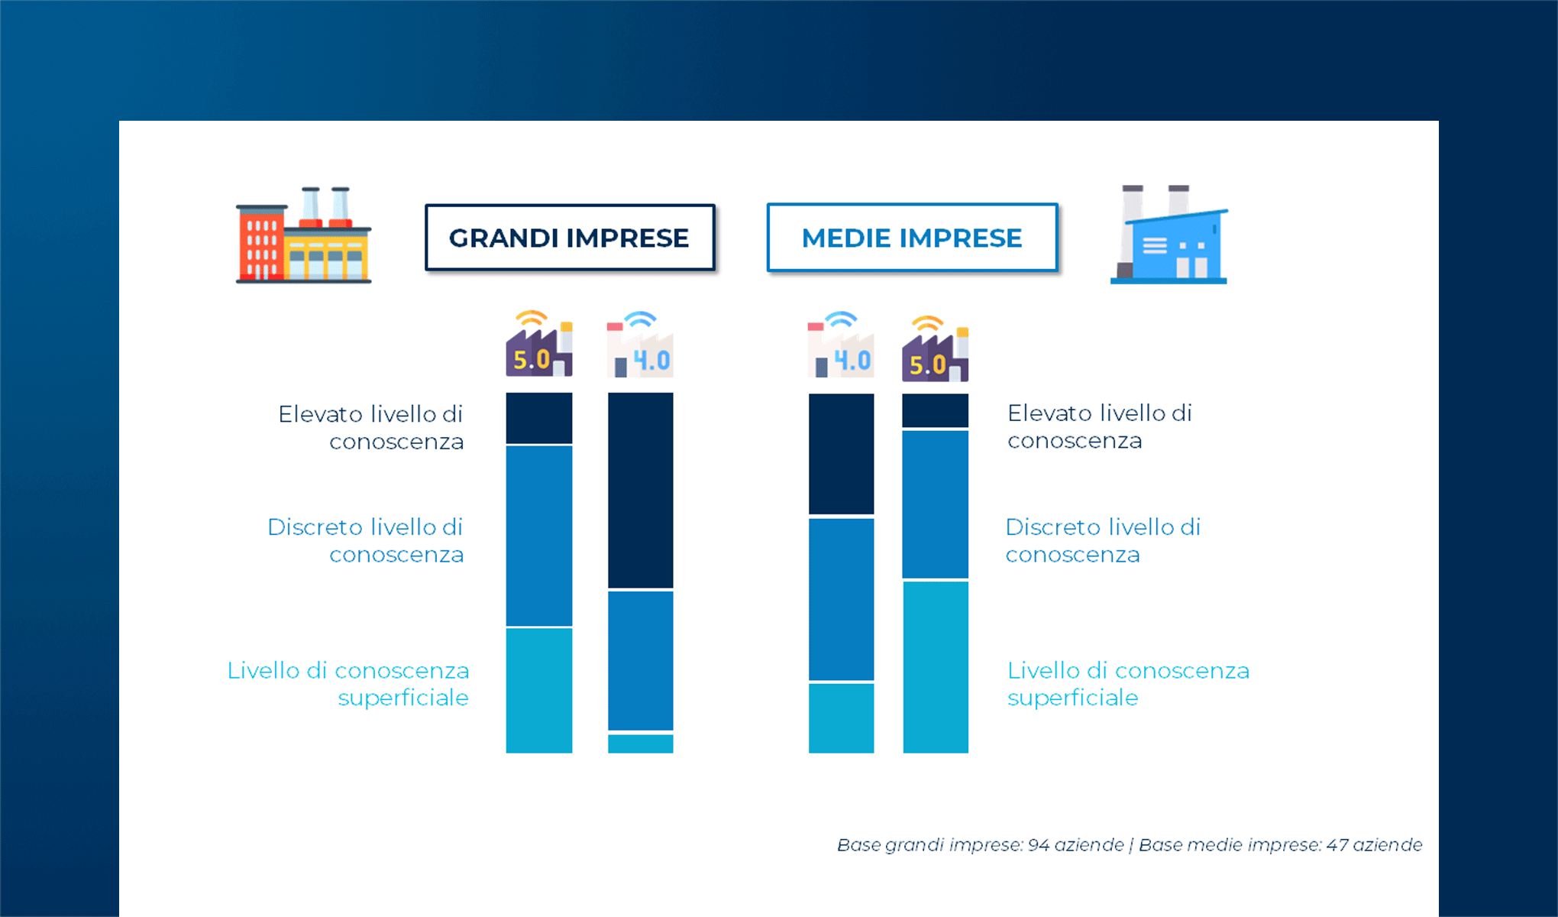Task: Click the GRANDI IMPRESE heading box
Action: pos(570,238)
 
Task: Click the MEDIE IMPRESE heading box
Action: pos(912,238)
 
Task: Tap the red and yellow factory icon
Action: pos(303,235)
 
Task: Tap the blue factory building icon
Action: pos(1168,235)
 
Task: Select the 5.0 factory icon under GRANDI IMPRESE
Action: pos(539,345)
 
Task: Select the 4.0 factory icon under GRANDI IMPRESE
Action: pos(640,345)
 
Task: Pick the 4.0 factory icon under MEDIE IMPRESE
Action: pos(841,345)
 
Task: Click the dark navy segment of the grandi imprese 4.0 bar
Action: pos(640,489)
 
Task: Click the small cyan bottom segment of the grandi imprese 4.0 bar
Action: pos(640,744)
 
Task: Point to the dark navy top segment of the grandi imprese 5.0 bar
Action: pos(539,417)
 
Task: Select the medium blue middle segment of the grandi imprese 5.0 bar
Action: pos(539,535)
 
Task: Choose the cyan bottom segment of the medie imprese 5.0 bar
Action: pos(936,667)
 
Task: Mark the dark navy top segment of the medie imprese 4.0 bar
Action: pos(841,453)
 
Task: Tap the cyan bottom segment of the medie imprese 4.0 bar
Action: pos(841,718)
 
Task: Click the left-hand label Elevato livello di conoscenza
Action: pos(371,427)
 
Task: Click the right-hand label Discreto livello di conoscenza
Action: pos(1102,540)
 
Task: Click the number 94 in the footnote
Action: pos(1038,844)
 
